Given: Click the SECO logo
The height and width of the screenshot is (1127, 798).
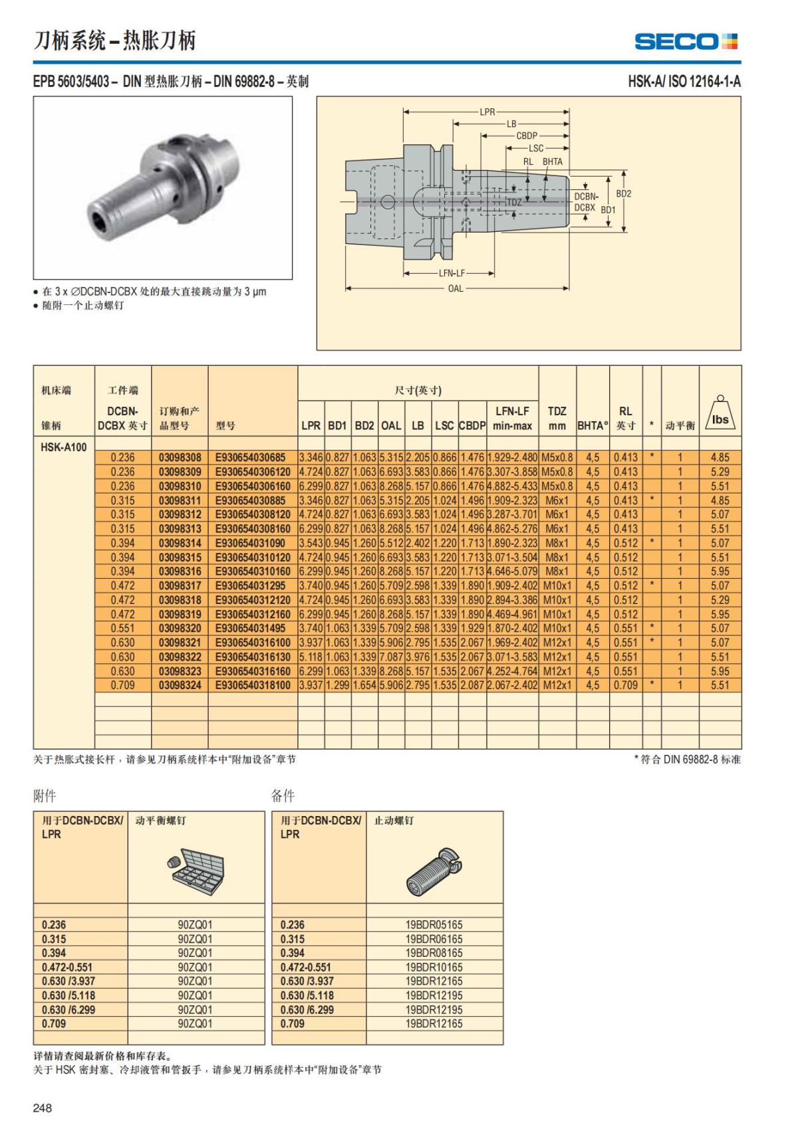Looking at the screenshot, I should pos(686,42).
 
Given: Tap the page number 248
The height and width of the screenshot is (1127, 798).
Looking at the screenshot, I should pos(43,1107).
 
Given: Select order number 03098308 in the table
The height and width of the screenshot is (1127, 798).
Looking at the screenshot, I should pos(180,457).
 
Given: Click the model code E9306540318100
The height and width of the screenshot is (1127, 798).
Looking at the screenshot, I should pos(253,685).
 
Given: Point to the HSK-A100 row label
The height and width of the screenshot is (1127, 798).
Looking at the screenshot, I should pos(64,447).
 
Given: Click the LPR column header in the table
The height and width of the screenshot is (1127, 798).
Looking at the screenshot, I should pos(311,425).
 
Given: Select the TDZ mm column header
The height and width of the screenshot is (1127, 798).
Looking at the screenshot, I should pos(557,418).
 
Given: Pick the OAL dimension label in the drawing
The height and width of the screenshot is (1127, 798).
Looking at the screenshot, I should pos(456,288).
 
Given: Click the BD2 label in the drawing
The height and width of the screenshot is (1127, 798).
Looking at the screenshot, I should pos(623,194).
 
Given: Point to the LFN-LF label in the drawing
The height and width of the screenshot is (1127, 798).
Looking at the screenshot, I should pos(452,273).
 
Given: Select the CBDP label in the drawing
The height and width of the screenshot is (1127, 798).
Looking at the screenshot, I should pos(527,136).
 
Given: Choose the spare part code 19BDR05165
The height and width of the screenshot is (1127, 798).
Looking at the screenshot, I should pos(434,924).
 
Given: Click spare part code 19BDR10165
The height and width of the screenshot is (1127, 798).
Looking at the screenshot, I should pos(434,967).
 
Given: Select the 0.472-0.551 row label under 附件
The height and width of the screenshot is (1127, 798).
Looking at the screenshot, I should pos(67,967).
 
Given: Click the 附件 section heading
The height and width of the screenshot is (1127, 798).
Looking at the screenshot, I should pos(45,795).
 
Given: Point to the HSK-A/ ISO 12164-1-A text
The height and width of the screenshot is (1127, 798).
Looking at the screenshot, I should pos(684,82).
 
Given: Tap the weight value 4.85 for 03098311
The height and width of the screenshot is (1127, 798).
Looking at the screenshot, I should pos(720,500).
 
